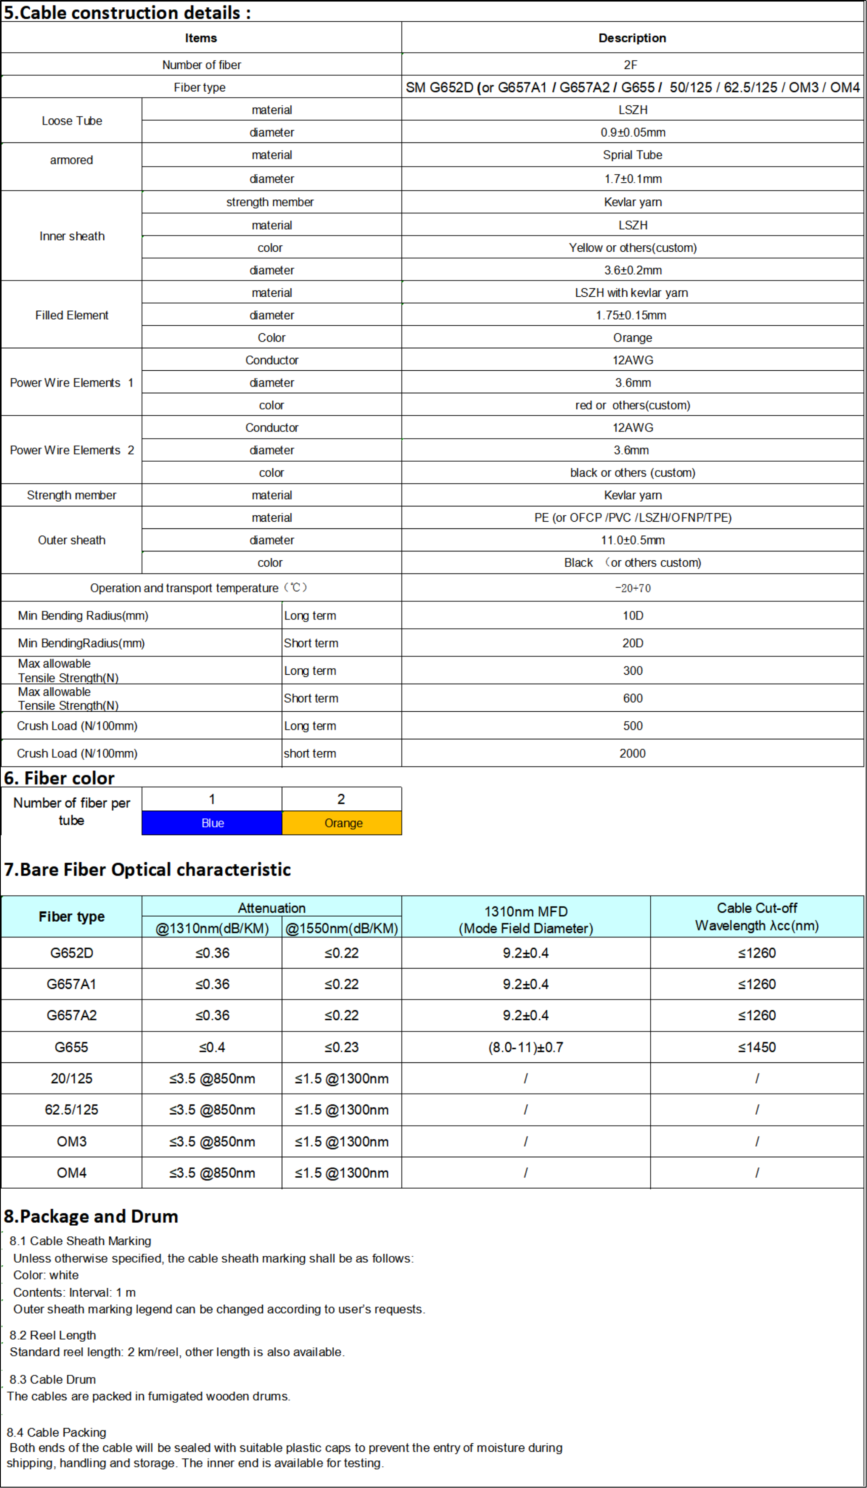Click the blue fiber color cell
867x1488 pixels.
point(212,823)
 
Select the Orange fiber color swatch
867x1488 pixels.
point(342,823)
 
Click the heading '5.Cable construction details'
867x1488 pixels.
point(127,12)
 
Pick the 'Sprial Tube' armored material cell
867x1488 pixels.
point(632,155)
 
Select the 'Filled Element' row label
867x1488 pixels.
point(71,315)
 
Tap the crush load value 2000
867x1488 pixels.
point(632,753)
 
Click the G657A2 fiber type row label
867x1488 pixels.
point(71,1015)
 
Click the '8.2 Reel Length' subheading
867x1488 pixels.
point(53,1335)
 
